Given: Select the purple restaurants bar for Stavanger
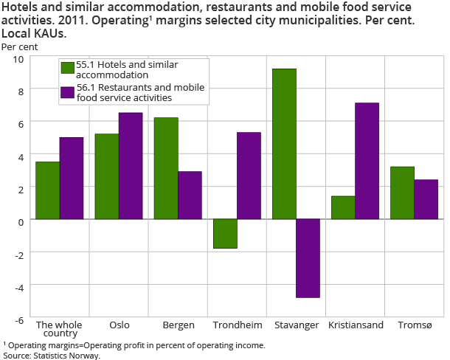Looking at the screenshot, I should point(308,258).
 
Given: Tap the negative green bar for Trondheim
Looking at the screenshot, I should point(225,234).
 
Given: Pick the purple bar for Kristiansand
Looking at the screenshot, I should point(367,161).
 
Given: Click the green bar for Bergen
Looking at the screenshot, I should point(166,168).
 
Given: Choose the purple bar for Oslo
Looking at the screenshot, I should point(131,166).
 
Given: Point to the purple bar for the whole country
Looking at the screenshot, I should point(72,178).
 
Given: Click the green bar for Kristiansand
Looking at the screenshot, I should point(343,207).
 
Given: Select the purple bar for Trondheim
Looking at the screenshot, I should point(249,176).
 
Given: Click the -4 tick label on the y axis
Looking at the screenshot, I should point(18,286).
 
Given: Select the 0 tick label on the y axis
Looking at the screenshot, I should point(21,221).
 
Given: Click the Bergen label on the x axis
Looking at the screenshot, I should point(178,325).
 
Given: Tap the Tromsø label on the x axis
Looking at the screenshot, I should point(415,325).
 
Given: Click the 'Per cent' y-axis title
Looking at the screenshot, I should point(19,46).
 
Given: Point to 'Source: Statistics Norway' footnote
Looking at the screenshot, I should point(52,355).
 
